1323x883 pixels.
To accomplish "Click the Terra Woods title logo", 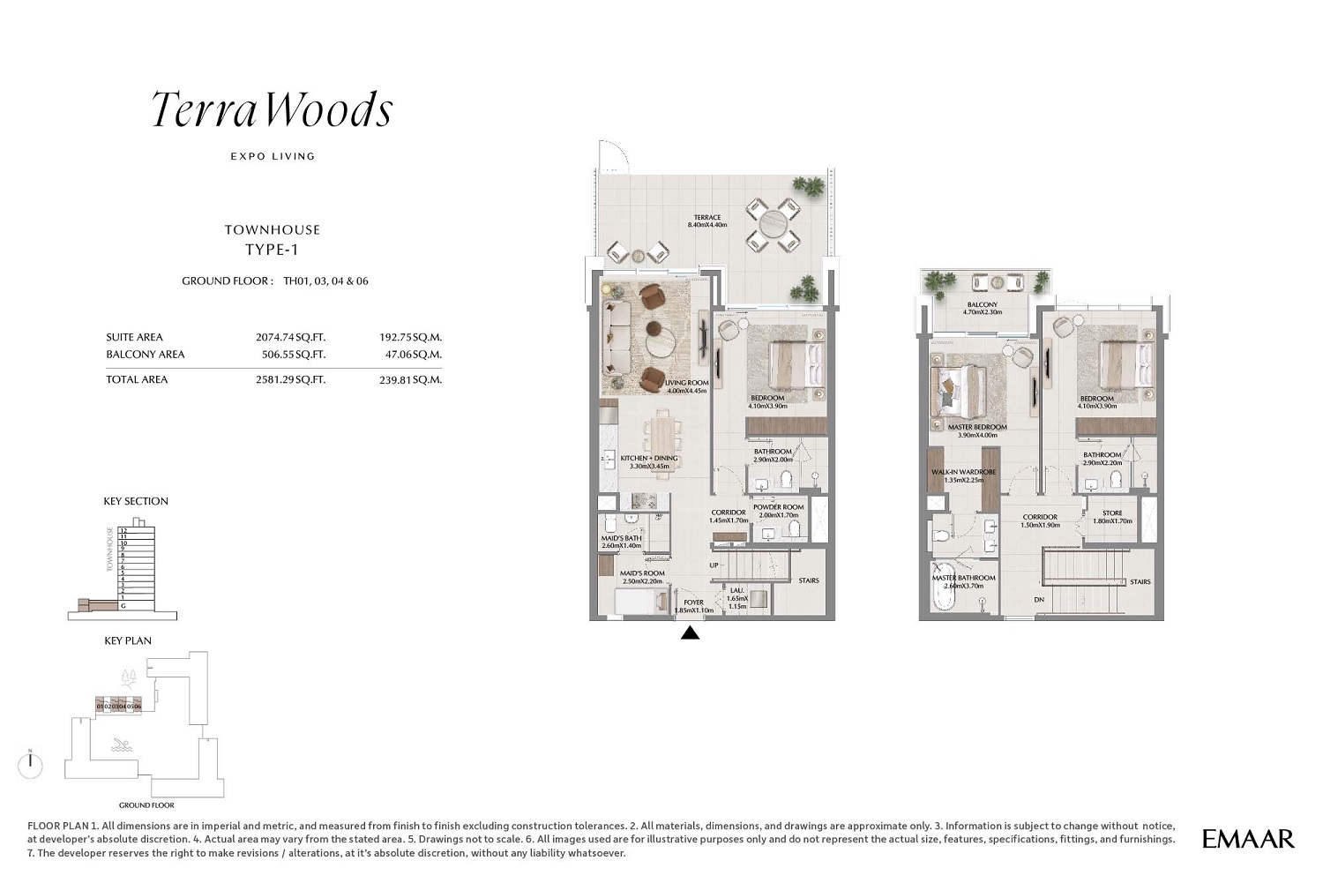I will coord(272,110).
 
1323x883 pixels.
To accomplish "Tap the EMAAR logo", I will coord(1248,839).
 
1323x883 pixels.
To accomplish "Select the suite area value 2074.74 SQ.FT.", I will coord(290,337).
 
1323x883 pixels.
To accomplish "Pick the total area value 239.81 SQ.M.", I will coord(410,380).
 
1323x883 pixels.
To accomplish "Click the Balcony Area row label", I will coord(146,355).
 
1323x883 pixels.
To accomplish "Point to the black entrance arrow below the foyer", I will coord(690,632).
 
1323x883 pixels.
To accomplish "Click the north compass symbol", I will coord(31,764).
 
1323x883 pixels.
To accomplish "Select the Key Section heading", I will coord(136,501).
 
